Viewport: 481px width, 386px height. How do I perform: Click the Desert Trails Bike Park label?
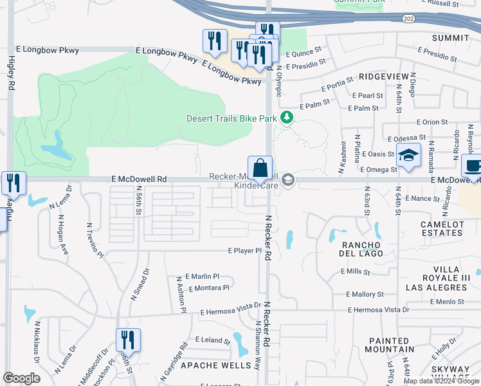[x=231, y=118]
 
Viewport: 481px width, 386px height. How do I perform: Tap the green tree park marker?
[x=287, y=118]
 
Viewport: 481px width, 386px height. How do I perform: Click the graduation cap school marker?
[x=408, y=156]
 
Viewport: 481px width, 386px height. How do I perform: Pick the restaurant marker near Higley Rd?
[x=14, y=183]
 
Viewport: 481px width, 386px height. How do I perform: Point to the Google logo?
[x=21, y=378]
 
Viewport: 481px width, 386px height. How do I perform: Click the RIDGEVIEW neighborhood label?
[x=383, y=77]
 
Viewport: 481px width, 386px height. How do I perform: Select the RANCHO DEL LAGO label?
[x=362, y=249]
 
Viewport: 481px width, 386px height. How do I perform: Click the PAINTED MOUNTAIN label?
[x=389, y=345]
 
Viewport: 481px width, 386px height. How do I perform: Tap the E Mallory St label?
[x=365, y=294]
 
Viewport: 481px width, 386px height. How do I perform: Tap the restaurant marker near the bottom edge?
[x=128, y=340]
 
